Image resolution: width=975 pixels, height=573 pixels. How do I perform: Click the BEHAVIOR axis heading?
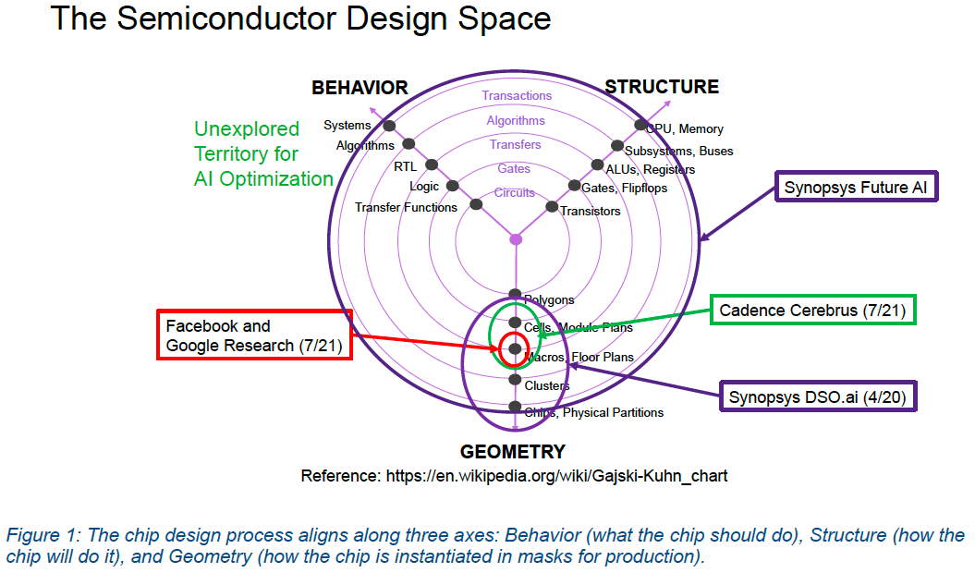click(x=360, y=88)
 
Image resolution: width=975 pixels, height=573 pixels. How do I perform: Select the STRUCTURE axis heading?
click(x=661, y=87)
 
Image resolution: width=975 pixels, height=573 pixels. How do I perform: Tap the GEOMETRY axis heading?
click(x=513, y=452)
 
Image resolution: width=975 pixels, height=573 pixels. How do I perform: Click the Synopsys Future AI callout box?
click(x=856, y=188)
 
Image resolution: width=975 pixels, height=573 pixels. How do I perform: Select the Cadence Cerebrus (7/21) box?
click(x=812, y=311)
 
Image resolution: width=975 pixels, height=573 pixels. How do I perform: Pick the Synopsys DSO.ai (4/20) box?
click(x=816, y=396)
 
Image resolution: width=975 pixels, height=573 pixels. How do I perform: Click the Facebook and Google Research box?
click(x=254, y=335)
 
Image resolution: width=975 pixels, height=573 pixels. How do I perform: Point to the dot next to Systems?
click(x=389, y=126)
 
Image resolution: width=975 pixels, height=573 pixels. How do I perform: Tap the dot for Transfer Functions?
click(x=476, y=204)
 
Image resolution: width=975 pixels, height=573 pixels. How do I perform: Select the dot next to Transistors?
click(x=552, y=207)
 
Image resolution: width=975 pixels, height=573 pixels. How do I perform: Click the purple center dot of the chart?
click(x=516, y=239)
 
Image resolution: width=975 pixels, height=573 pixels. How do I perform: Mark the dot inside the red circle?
click(x=515, y=348)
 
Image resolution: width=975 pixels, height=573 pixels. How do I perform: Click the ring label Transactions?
click(x=517, y=96)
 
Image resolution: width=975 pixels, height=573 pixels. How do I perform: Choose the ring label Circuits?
click(x=515, y=193)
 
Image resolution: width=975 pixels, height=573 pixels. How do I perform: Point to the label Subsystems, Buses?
click(x=679, y=151)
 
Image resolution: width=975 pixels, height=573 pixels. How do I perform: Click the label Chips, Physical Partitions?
click(x=593, y=413)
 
